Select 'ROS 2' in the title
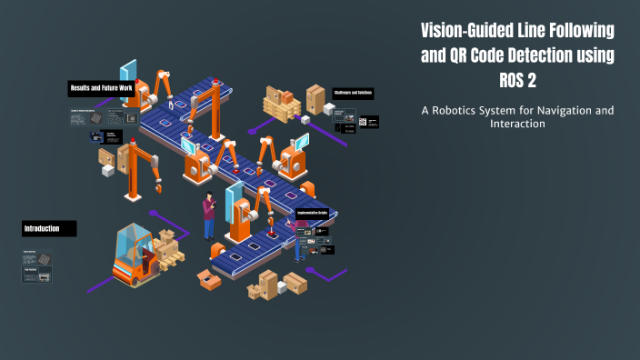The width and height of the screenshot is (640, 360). [516, 80]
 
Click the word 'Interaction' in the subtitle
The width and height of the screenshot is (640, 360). [516, 125]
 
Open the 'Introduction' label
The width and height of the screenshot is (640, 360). [48, 227]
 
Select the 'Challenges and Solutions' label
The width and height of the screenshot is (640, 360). [353, 94]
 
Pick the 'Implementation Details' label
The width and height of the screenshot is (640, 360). [318, 214]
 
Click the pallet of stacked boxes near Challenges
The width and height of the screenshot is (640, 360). [282, 105]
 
